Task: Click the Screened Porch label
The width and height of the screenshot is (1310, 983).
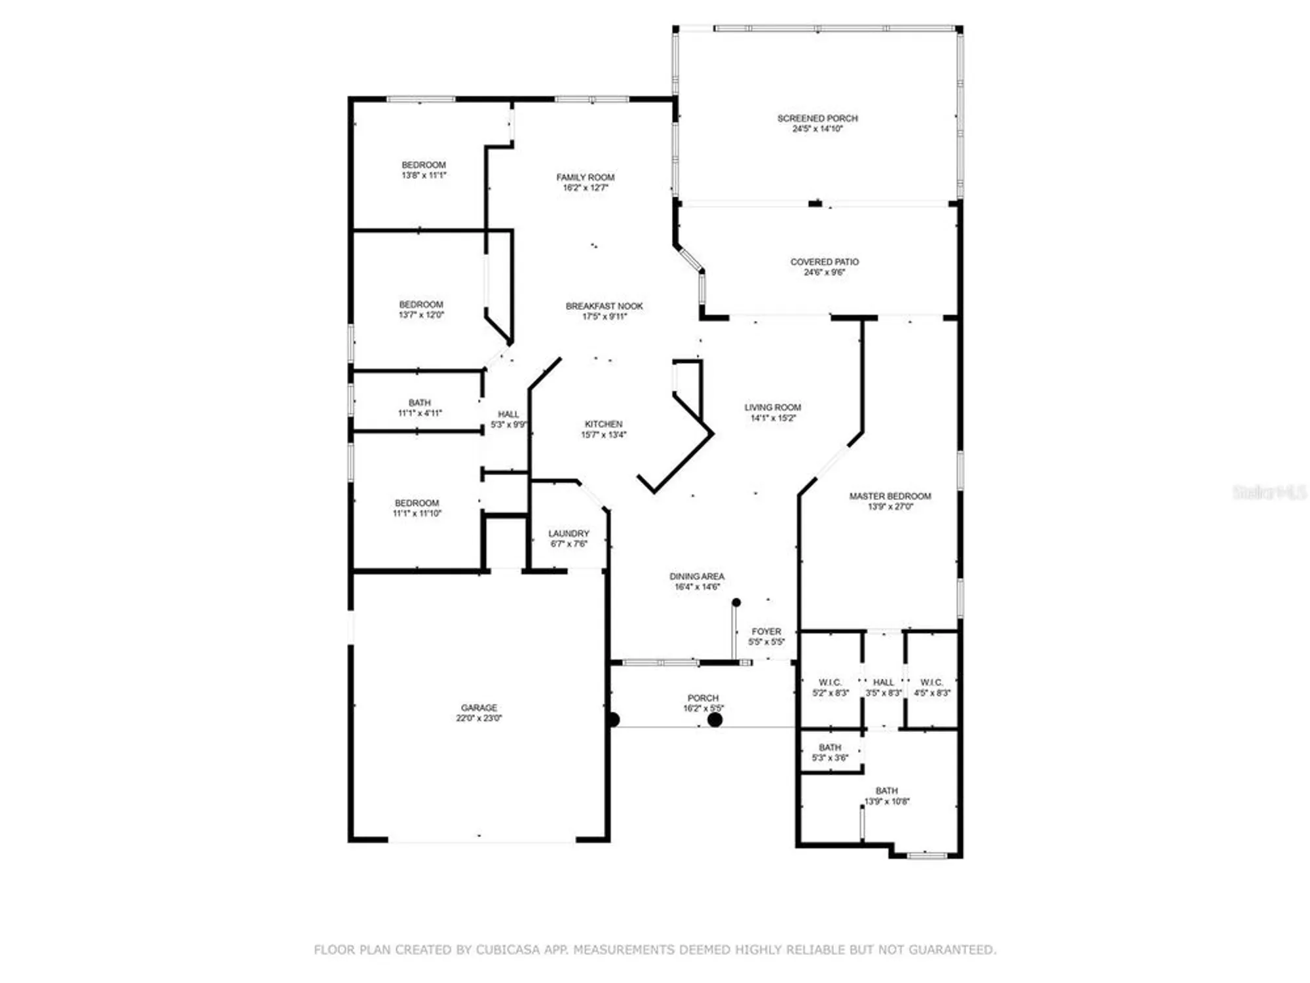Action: point(817,119)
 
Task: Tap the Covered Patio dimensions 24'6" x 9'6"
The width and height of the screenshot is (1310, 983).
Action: point(824,273)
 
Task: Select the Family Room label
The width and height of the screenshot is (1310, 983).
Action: point(585,178)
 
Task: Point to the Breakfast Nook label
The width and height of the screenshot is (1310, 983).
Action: point(604,306)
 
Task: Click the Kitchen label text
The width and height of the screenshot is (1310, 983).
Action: point(603,424)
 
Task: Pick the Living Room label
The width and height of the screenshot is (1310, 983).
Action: point(772,408)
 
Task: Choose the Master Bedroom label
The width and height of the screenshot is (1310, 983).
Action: point(889,496)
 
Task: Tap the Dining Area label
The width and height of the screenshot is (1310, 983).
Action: point(696,577)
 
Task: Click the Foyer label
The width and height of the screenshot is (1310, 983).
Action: point(766,632)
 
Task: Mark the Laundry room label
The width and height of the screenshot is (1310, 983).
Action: point(569,533)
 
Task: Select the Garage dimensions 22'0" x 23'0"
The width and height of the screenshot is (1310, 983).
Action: point(479,718)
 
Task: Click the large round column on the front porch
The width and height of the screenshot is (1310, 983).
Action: point(715,720)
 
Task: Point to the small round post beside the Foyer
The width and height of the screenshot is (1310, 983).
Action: point(736,602)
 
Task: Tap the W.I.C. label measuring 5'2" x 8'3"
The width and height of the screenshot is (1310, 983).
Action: point(830,683)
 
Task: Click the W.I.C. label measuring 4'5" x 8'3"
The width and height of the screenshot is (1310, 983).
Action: point(931,683)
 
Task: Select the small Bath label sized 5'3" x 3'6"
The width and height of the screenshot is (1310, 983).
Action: point(830,748)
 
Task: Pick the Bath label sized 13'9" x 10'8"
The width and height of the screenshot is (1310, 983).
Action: point(886,791)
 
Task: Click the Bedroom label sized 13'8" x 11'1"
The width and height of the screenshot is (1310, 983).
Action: point(423,165)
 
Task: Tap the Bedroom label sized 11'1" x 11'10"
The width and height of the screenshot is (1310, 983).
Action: point(417,503)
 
